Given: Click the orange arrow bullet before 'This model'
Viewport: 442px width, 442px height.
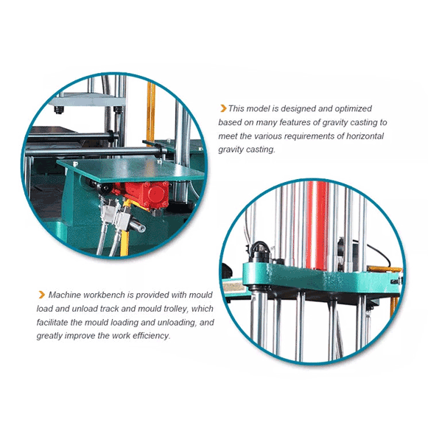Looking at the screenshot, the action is pyautogui.click(x=223, y=108).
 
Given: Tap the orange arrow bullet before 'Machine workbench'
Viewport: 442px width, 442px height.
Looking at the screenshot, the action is pyautogui.click(x=42, y=295).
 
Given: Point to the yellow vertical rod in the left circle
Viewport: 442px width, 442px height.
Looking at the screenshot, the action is pyautogui.click(x=151, y=113).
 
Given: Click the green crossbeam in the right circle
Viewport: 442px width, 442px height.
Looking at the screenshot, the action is pyautogui.click(x=321, y=278).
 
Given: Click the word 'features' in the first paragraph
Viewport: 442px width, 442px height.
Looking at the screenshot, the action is pyautogui.click(x=300, y=122).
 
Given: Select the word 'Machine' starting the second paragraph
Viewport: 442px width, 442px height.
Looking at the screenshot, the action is pyautogui.click(x=65, y=295).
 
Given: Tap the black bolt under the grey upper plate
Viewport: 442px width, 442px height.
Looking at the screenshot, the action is pyautogui.click(x=59, y=110).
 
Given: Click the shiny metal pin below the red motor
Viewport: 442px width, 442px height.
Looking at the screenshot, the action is pyautogui.click(x=137, y=225).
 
